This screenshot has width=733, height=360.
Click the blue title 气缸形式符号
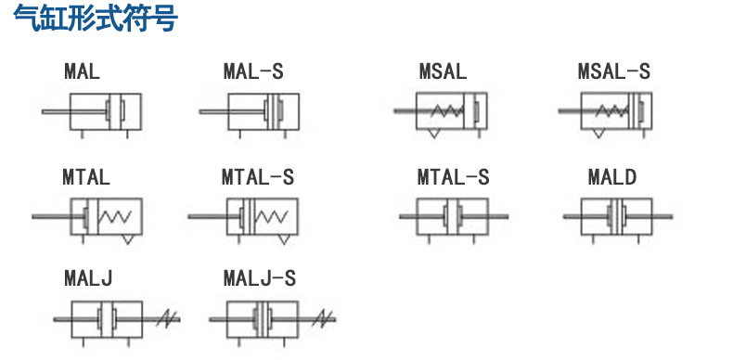coord(96,18)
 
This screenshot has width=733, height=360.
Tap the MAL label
coord(83,71)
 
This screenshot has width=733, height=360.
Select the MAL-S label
coord(253,71)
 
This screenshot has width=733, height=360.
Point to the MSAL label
coord(443,71)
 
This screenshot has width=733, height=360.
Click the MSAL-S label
coord(614,71)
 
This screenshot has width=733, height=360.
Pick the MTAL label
coord(86,177)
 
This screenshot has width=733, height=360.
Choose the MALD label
coord(612,177)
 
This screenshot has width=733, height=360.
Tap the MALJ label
coord(88,278)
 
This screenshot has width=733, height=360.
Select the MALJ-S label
coord(260,278)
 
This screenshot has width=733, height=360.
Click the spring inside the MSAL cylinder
coord(447,111)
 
